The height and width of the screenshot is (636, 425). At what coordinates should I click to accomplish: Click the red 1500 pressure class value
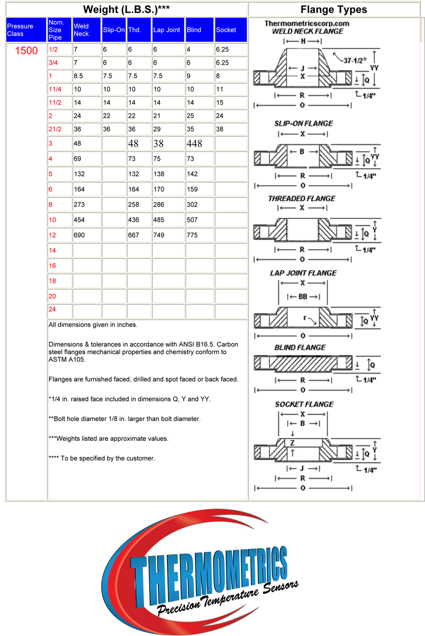pos(26,51)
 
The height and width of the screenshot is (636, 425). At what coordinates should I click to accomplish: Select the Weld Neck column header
pos(81,30)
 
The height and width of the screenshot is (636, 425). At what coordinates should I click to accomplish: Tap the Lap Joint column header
pos(167,30)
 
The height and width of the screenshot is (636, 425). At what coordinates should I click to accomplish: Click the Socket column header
pos(226,30)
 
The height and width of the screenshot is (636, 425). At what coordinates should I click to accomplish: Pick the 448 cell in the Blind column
pos(195,144)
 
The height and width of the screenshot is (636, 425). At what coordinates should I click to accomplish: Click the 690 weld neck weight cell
pos(79,235)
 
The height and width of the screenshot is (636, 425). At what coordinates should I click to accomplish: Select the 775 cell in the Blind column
pos(192,235)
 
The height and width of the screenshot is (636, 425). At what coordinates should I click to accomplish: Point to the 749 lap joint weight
pos(159,235)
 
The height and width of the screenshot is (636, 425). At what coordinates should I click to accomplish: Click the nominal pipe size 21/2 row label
pos(55,129)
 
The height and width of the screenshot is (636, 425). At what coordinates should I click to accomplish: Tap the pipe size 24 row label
pos(52,309)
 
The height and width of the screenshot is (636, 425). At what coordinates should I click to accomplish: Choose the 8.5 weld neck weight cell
pos(78,76)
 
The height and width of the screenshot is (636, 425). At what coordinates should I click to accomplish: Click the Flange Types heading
pos(333,9)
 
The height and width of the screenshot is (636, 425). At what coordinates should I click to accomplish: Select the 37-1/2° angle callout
pos(355,60)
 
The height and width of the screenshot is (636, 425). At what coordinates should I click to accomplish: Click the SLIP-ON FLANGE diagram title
pos(303,123)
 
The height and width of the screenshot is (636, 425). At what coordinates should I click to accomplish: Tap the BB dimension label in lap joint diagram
pos(303,297)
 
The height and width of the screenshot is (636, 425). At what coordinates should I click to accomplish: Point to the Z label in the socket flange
pos(292,443)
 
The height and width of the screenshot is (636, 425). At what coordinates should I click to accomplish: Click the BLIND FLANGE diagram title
pos(300,347)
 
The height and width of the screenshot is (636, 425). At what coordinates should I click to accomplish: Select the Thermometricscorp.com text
pos(307,23)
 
